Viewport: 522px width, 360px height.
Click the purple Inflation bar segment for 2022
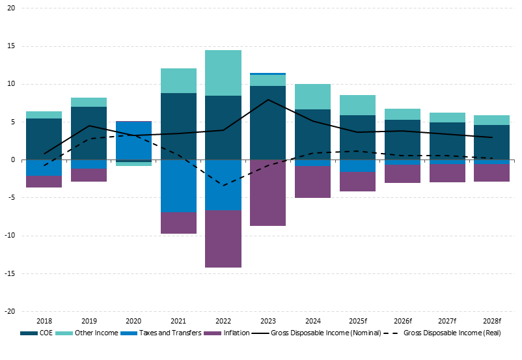[x=223, y=239]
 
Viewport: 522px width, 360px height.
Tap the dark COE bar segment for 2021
[x=178, y=126]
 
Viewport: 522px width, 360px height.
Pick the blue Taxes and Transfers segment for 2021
[x=178, y=186]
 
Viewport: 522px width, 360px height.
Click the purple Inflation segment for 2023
[x=268, y=193]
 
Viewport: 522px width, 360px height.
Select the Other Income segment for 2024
[x=312, y=96]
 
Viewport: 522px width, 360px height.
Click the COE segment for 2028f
[x=491, y=142]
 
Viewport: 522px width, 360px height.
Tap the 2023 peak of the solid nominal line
[x=268, y=100]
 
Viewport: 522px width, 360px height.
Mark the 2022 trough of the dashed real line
[x=223, y=186]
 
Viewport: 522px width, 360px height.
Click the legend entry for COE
[x=37, y=333]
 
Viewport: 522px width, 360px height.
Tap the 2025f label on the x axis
[x=357, y=321]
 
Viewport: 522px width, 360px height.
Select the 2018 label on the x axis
[x=44, y=321]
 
